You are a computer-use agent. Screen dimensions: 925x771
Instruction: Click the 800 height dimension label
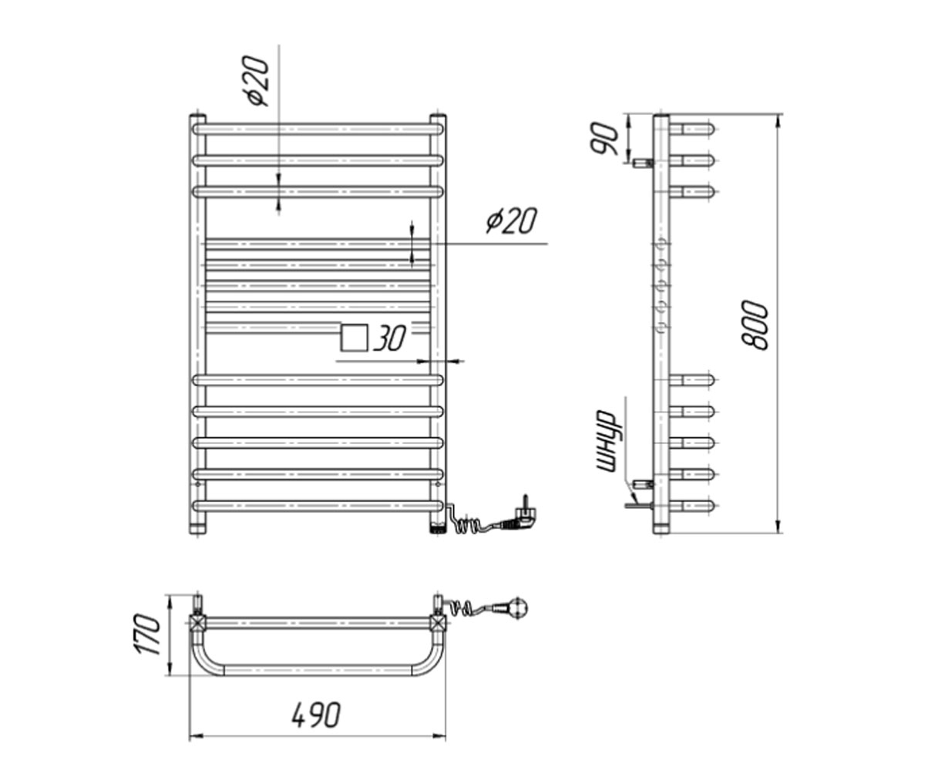pyautogui.click(x=754, y=325)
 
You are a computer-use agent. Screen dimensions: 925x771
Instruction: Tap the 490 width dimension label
pyautogui.click(x=316, y=715)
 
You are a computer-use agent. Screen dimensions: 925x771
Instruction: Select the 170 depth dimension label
pyautogui.click(x=146, y=634)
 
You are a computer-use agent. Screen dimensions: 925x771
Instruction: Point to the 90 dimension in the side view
pyautogui.click(x=604, y=140)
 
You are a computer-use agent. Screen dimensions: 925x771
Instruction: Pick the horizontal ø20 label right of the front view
pyautogui.click(x=512, y=221)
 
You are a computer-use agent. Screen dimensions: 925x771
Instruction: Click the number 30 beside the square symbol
pyautogui.click(x=389, y=338)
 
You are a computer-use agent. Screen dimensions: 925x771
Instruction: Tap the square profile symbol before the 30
pyautogui.click(x=354, y=338)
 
